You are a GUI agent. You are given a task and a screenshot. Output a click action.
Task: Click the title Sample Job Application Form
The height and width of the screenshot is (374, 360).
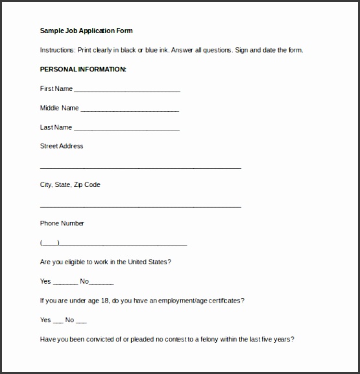click(x=86, y=31)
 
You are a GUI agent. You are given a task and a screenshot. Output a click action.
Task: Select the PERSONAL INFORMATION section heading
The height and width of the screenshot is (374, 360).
click(x=83, y=69)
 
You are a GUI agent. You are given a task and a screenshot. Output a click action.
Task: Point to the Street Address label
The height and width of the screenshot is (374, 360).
click(x=62, y=146)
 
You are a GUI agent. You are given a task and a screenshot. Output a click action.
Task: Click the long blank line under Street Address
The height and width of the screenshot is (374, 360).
click(x=141, y=168)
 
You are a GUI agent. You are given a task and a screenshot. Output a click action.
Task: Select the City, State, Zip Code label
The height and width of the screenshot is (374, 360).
click(x=70, y=185)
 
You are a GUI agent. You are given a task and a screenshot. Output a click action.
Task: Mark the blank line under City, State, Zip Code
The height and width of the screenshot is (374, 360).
click(x=141, y=206)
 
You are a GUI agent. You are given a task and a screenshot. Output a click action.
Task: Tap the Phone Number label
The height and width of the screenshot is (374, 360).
click(x=62, y=223)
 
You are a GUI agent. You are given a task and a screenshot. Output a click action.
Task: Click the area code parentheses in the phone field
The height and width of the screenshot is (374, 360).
click(x=49, y=243)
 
